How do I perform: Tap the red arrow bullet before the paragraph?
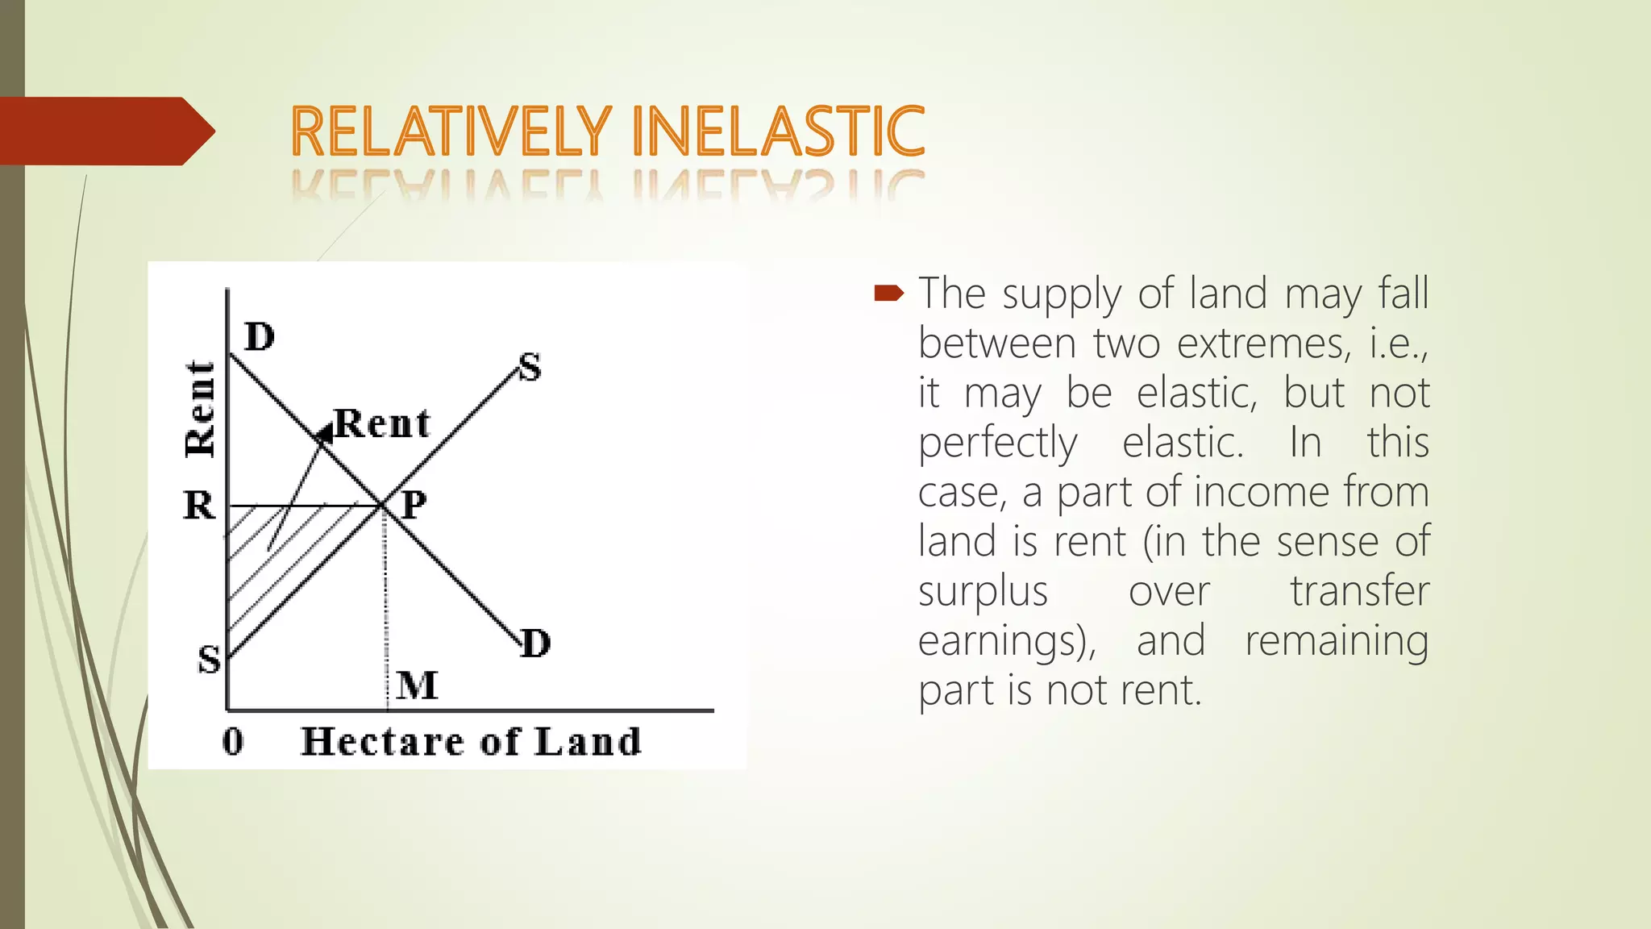click(889, 293)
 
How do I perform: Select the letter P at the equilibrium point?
click(414, 506)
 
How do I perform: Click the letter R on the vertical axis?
click(199, 506)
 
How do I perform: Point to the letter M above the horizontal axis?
click(418, 685)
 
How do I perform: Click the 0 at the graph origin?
click(233, 741)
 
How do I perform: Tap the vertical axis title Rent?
click(200, 410)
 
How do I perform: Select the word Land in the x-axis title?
click(588, 741)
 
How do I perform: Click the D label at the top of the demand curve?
click(260, 337)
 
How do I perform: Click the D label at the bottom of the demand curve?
click(535, 644)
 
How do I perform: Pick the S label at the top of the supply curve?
click(530, 368)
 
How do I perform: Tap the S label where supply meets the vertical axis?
click(209, 660)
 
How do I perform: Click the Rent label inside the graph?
click(382, 423)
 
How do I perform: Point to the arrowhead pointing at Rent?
click(324, 435)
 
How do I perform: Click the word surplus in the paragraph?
click(983, 592)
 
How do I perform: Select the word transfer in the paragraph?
click(1359, 590)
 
